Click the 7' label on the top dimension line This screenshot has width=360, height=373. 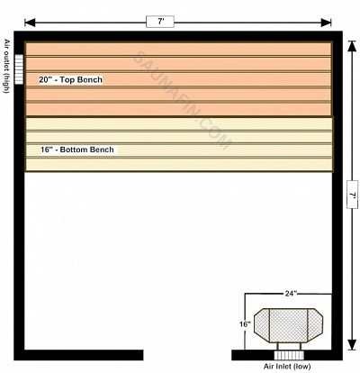click(160, 22)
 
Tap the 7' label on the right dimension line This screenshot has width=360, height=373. click(352, 195)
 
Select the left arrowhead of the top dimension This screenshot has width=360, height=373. click(30, 23)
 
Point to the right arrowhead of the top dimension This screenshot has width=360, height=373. click(326, 23)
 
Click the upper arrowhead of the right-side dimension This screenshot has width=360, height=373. click(353, 46)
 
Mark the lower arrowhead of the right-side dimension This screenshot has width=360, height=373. click(353, 345)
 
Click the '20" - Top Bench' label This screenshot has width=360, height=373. click(70, 79)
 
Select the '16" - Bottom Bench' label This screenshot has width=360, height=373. click(77, 150)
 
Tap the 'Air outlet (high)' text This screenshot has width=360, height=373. click(6, 66)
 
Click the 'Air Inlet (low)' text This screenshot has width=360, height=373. click(287, 367)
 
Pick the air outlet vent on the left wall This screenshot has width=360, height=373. click(19, 69)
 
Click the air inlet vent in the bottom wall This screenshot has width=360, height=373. click(289, 355)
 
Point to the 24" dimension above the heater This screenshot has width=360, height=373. click(289, 294)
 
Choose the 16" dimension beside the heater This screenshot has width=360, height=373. click(245, 324)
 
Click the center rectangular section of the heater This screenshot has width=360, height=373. click(289, 325)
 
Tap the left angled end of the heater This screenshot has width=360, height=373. click(262, 325)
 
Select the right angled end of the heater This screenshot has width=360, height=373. click(315, 325)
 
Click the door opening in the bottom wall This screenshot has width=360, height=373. click(187, 355)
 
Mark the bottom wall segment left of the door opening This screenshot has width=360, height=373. click(78, 355)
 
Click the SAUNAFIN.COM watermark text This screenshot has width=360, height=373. click(182, 100)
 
